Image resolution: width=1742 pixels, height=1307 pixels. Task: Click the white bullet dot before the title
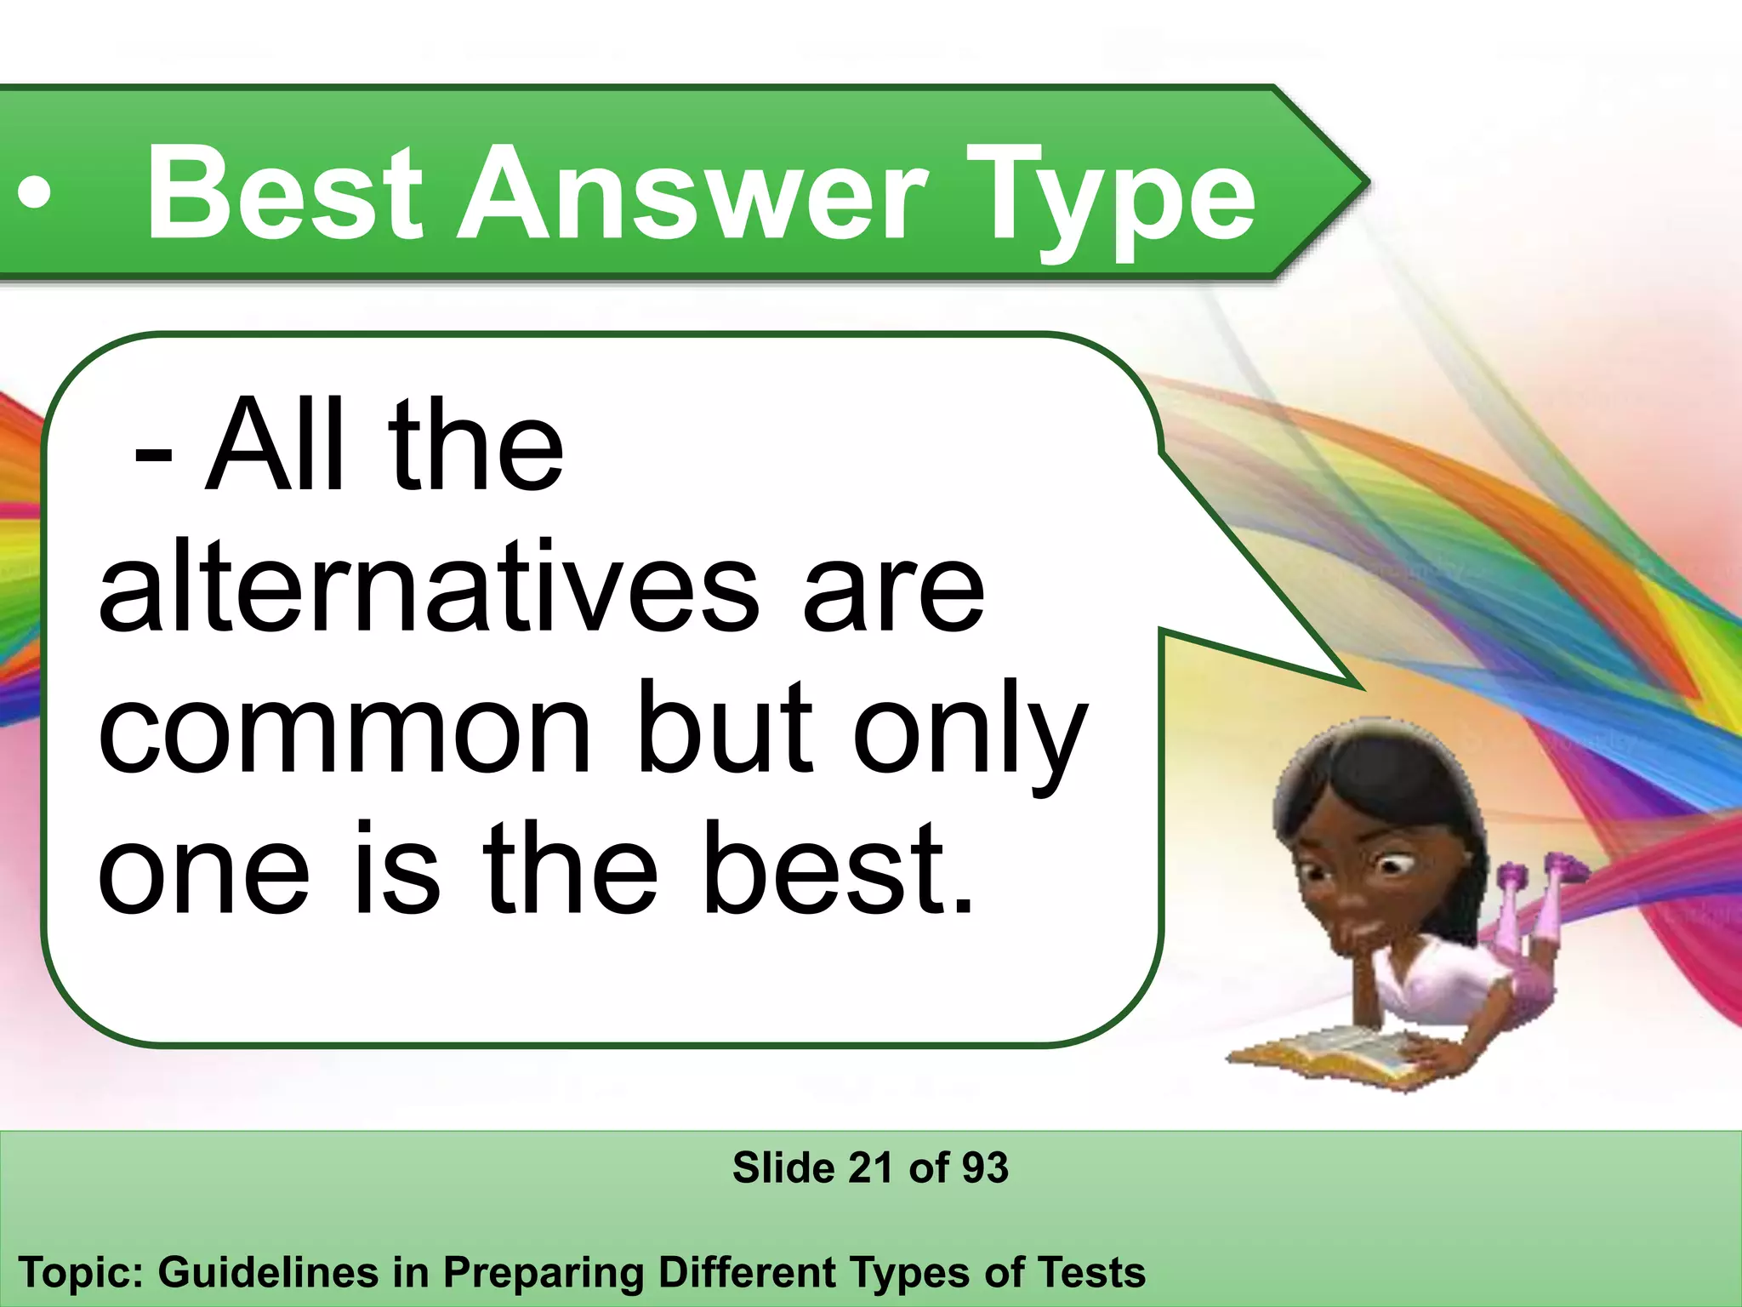click(x=34, y=195)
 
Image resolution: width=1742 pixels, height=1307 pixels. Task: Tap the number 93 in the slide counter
click(x=985, y=1167)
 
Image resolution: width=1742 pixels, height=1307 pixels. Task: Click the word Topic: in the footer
click(x=79, y=1274)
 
